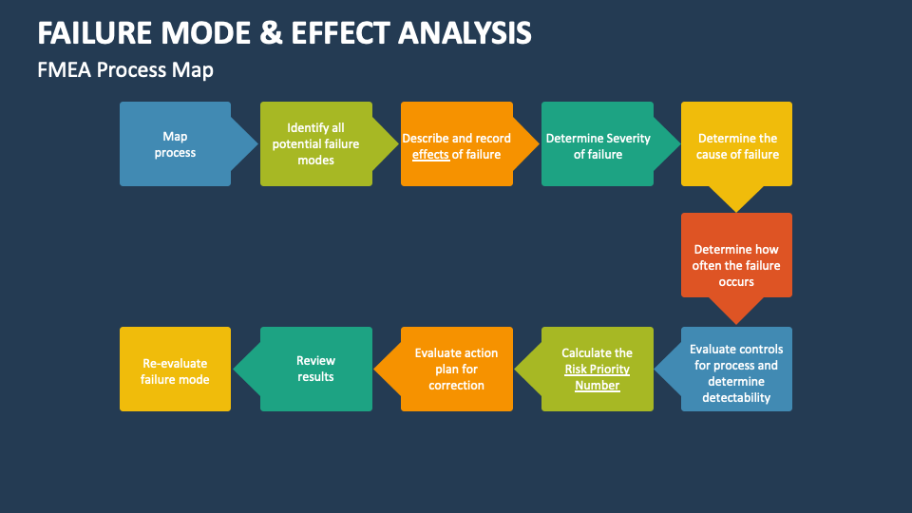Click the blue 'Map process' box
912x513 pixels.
pos(175,144)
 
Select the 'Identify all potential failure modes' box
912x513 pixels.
pos(315,144)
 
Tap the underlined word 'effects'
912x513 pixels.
pos(430,154)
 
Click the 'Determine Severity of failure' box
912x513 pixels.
pos(598,144)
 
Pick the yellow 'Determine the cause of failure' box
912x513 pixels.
pos(737,144)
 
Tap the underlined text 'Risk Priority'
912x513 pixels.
pos(597,370)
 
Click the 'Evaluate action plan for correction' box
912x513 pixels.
pos(456,369)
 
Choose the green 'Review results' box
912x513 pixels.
pos(315,369)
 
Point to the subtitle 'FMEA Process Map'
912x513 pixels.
pos(125,70)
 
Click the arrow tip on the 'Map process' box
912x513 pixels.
pos(252,144)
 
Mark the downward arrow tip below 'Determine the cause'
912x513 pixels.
pos(736,206)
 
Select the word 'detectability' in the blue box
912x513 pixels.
pos(736,398)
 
